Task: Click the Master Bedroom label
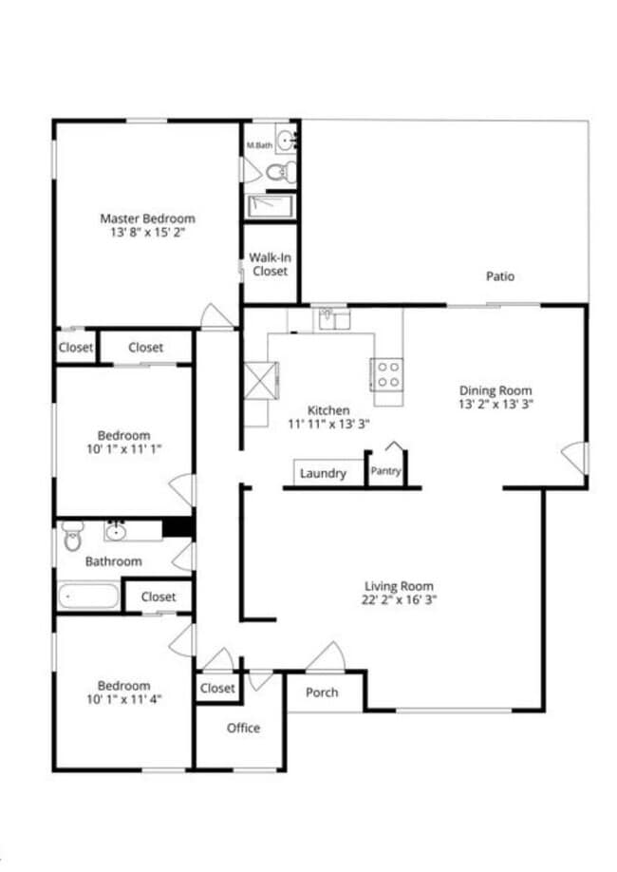point(147,218)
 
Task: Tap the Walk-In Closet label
point(269,264)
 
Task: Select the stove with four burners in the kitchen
point(386,373)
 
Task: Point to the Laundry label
point(323,474)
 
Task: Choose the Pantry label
point(386,471)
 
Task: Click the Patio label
point(500,277)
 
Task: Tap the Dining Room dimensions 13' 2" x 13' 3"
point(495,404)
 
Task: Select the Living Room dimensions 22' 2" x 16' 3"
point(400,599)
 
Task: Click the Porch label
point(322,692)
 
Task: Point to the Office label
point(243,729)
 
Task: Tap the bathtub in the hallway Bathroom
point(88,597)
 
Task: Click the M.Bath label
point(258,145)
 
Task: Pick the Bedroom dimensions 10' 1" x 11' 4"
point(123,701)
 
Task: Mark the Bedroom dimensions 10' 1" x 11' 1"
point(123,449)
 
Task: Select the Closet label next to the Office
point(217,689)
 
